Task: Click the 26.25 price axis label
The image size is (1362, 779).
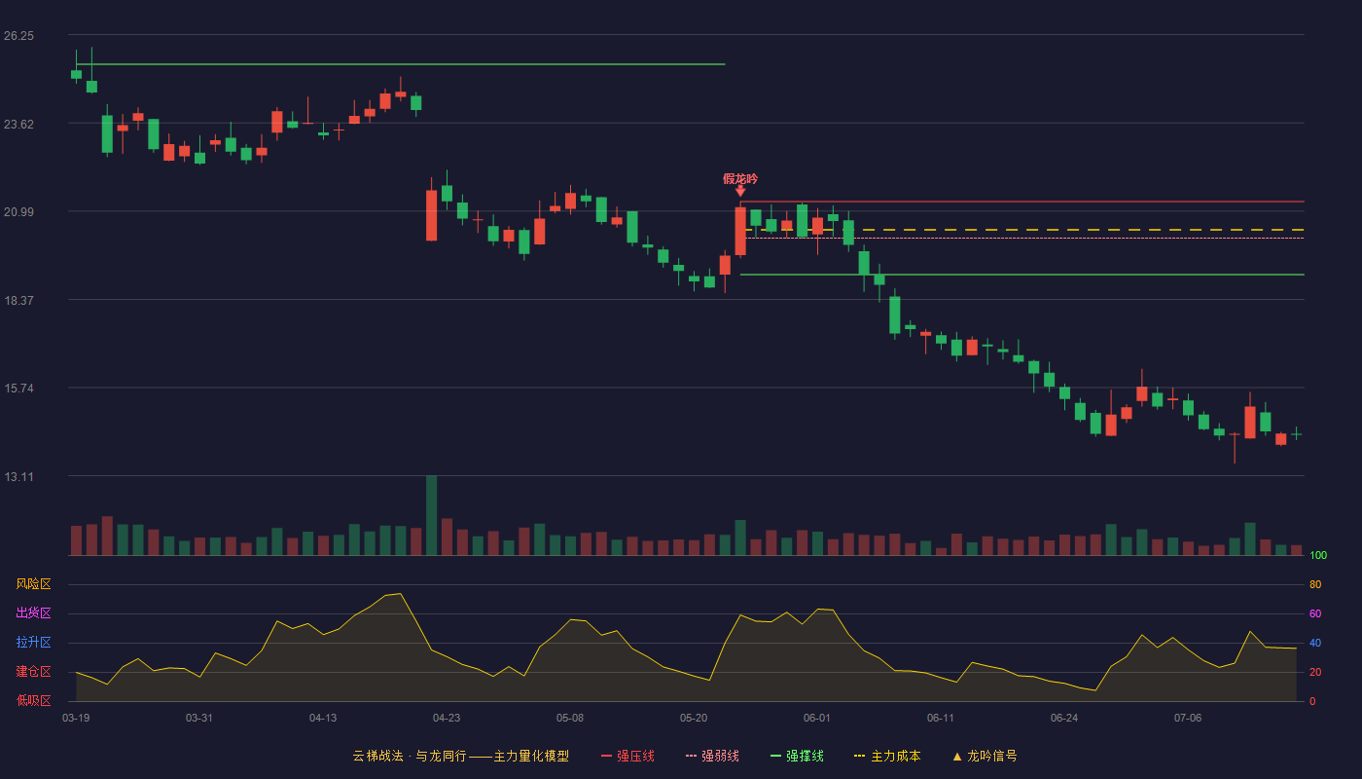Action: [18, 36]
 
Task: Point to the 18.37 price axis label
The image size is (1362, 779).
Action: [18, 301]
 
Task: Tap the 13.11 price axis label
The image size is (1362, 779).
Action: [18, 476]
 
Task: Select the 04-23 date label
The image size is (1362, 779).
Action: [447, 719]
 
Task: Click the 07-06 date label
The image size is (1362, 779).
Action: [1188, 719]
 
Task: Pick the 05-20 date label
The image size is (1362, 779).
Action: [693, 719]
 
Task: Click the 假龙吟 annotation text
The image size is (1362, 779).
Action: [740, 179]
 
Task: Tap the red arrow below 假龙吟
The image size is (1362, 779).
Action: [740, 191]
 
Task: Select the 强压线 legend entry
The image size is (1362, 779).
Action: [627, 756]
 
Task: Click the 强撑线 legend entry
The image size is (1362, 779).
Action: [797, 756]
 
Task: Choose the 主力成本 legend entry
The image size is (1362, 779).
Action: [887, 756]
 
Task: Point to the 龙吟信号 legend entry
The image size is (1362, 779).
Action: [985, 756]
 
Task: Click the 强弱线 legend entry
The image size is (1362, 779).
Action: [712, 756]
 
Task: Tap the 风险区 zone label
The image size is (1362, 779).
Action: [33, 584]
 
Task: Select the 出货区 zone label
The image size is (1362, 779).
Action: [33, 612]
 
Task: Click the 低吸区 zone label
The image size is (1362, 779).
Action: [33, 700]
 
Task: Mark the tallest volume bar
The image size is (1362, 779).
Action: [431, 515]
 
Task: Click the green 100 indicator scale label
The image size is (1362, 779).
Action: [1318, 555]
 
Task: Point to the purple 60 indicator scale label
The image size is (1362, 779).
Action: [1315, 613]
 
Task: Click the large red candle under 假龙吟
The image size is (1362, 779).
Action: [740, 232]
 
